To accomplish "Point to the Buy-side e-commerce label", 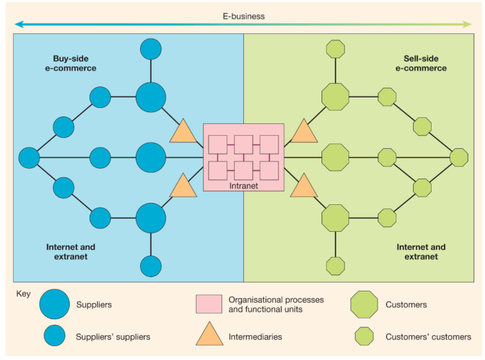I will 75,64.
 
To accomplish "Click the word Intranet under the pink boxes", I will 243,186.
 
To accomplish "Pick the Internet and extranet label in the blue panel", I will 71,252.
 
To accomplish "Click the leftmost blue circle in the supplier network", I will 29,158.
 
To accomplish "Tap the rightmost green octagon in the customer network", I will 459,158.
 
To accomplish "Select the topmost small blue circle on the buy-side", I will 150,49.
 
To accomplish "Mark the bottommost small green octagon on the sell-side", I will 335,266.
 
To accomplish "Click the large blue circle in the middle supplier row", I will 150,158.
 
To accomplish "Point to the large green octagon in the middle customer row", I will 335,158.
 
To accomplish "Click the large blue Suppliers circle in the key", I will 55,305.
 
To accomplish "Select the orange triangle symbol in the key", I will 209,336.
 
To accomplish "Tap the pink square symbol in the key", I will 209,305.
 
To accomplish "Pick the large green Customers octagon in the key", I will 364,305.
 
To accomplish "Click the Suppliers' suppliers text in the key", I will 113,337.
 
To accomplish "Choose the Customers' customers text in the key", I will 425,337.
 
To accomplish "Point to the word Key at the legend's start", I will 23,294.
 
